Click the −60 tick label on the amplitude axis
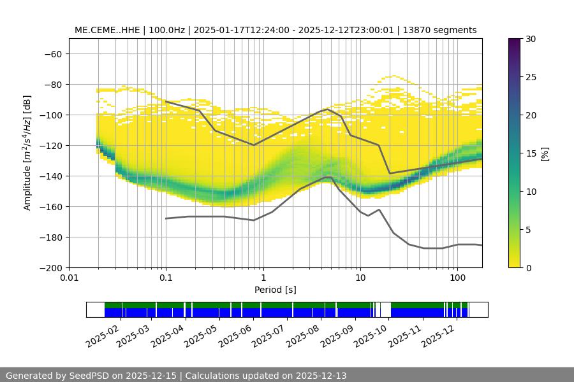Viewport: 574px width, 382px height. (x=52, y=53)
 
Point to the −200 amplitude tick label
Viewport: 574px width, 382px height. (x=49, y=267)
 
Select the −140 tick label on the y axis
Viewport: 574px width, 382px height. (x=49, y=176)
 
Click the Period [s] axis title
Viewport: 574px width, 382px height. (x=276, y=290)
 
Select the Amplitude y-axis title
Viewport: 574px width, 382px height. (x=27, y=153)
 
